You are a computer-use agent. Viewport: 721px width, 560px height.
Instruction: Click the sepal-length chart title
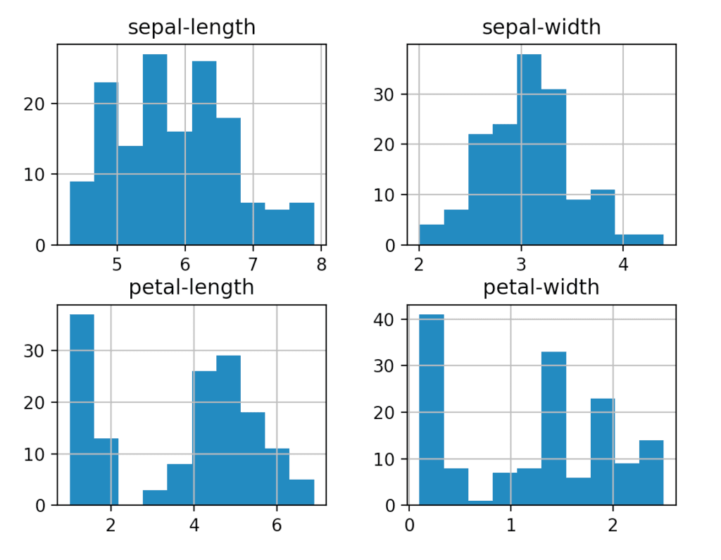(191, 27)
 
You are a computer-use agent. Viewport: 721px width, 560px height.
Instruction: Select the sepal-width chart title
(541, 27)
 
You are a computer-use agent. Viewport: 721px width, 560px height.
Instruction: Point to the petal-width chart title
(541, 287)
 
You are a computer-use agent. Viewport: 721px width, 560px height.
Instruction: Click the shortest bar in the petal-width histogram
(480, 503)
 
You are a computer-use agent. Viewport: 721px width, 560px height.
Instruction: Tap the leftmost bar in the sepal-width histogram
(431, 235)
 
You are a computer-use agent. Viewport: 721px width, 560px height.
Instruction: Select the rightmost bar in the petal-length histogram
(301, 492)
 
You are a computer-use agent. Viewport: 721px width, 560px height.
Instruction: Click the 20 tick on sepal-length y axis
(38, 104)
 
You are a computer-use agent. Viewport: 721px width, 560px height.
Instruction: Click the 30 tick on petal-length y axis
(38, 351)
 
